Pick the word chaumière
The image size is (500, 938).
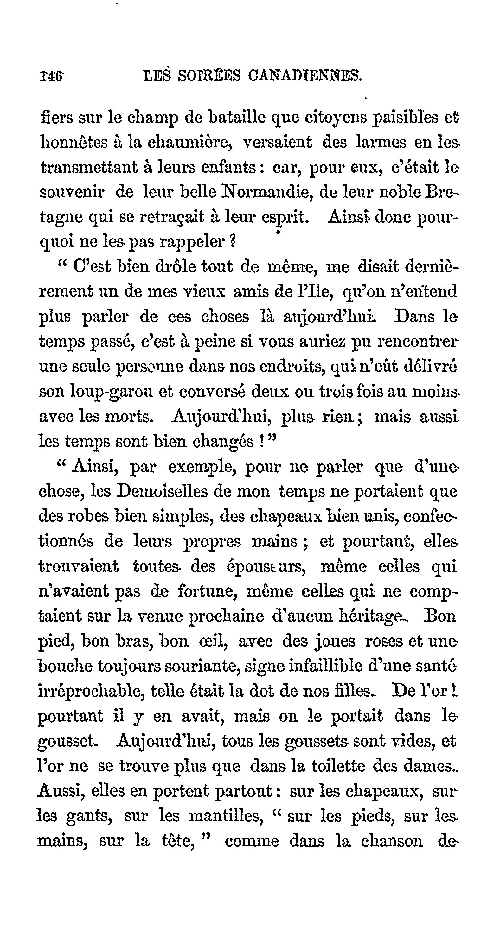tap(190, 142)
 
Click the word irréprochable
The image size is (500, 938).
tap(90, 691)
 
